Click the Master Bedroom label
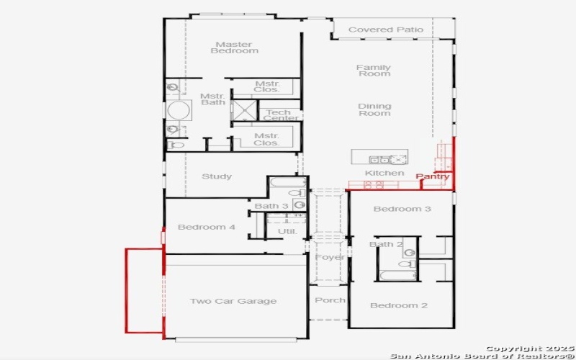click(x=234, y=48)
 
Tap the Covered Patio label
click(x=386, y=30)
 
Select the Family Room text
click(x=374, y=70)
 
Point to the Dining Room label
click(x=374, y=109)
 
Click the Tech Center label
click(x=278, y=115)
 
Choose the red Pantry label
click(x=433, y=176)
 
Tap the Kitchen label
click(x=384, y=173)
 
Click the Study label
click(x=216, y=176)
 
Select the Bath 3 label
click(x=271, y=207)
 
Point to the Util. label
click(x=287, y=231)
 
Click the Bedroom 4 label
click(x=207, y=227)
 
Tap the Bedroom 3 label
click(x=402, y=209)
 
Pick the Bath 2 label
click(x=387, y=245)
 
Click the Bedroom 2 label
click(x=399, y=305)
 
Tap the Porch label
click(x=330, y=300)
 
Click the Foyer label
click(x=330, y=257)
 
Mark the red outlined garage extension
click(x=145, y=290)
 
